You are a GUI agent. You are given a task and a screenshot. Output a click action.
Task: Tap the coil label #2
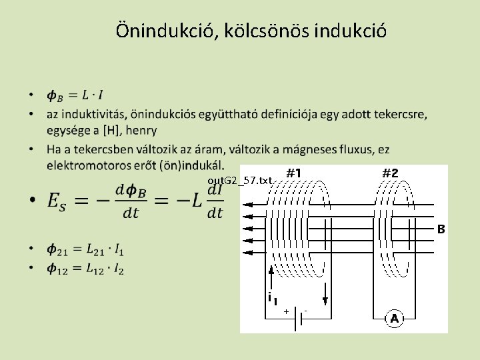click(x=390, y=173)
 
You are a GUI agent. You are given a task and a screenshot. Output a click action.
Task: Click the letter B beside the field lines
click(x=440, y=229)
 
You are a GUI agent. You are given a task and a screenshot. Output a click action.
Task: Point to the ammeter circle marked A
click(x=394, y=319)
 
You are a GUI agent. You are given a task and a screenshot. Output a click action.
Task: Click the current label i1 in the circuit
click(x=272, y=298)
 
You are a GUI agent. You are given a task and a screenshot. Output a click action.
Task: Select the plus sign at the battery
click(x=286, y=311)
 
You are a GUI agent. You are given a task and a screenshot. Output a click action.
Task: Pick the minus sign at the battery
click(x=305, y=311)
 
